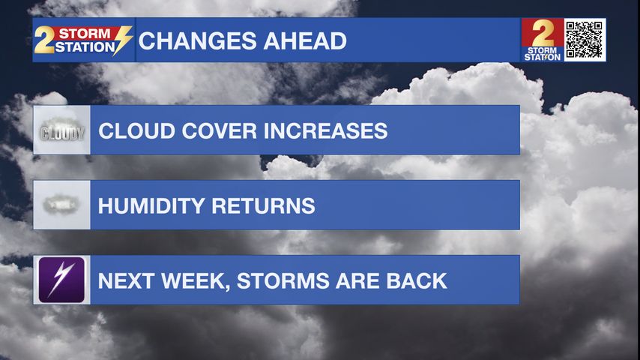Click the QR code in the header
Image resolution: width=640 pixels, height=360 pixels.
(585, 40)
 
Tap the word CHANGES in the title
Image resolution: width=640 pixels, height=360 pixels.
(197, 40)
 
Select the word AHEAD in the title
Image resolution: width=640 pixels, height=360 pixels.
(305, 40)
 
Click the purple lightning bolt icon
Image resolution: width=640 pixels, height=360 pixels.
(61, 280)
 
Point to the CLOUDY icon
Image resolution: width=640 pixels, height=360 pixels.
(61, 130)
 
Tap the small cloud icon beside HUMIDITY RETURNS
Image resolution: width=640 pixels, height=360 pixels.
(61, 204)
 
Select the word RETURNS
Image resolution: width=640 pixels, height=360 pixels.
(264, 205)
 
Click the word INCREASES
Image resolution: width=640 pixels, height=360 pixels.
(325, 130)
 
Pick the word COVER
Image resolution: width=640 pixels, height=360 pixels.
(219, 130)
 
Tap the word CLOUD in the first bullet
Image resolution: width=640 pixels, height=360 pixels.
(136, 130)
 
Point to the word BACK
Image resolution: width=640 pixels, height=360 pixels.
(417, 280)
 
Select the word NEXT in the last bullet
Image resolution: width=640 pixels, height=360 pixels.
(126, 280)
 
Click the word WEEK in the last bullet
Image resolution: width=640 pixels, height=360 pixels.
(195, 281)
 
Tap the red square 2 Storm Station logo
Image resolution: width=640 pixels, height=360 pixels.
(543, 40)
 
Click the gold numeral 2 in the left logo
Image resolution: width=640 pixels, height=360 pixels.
(44, 40)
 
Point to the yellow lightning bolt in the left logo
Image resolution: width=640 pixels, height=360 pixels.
(122, 40)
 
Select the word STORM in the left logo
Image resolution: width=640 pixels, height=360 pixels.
(85, 34)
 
